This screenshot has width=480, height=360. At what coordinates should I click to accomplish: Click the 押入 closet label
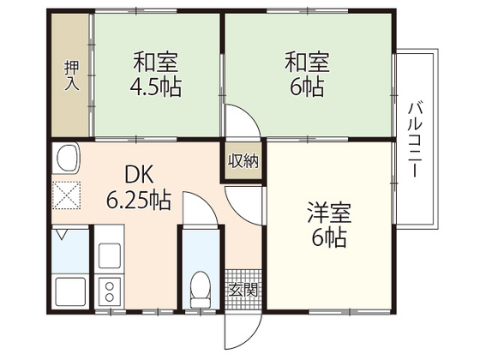[72, 75]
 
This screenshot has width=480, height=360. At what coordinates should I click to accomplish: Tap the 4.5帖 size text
[155, 87]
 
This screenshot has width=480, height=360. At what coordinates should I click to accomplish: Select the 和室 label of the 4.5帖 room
[155, 62]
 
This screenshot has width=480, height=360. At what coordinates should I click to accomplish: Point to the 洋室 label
[329, 213]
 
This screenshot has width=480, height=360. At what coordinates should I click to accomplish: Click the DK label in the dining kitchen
[139, 175]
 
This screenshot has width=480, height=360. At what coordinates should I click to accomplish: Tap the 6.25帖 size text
[138, 199]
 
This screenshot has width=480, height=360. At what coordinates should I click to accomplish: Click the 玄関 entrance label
[243, 290]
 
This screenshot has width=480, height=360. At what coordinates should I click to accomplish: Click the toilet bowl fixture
[201, 290]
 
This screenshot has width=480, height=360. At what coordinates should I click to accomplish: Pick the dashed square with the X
[67, 195]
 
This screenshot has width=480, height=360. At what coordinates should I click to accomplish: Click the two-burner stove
[110, 291]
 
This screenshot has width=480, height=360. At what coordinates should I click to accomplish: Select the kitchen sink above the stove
[110, 256]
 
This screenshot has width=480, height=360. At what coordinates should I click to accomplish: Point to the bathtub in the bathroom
[70, 291]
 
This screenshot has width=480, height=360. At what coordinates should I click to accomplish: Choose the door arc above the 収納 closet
[252, 114]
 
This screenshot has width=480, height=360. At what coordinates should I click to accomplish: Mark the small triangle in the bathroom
[62, 235]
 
